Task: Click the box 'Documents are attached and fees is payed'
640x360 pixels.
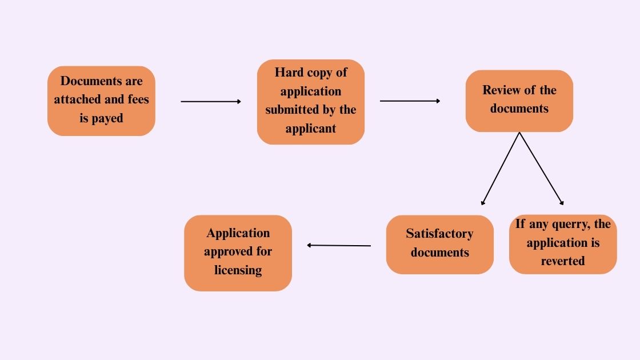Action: point(101,101)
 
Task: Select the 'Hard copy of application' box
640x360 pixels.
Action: point(310,102)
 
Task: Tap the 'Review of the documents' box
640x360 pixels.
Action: point(519,101)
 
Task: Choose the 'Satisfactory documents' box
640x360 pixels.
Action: point(439,244)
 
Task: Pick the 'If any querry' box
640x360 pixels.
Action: point(563,244)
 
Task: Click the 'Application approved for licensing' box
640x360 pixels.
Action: point(238,253)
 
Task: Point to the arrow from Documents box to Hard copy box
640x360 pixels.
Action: point(211,102)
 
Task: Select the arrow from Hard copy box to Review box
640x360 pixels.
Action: point(410,101)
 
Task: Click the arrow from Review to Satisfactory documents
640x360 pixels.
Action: point(501,169)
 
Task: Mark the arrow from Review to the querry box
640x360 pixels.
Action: point(541,169)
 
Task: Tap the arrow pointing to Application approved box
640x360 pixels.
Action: point(339,245)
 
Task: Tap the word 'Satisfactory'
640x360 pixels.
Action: point(439,234)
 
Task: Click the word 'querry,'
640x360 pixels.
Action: point(564,224)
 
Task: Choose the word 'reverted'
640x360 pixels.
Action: point(563,261)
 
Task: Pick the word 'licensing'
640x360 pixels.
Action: point(238,270)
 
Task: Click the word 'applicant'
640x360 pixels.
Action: point(310,129)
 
